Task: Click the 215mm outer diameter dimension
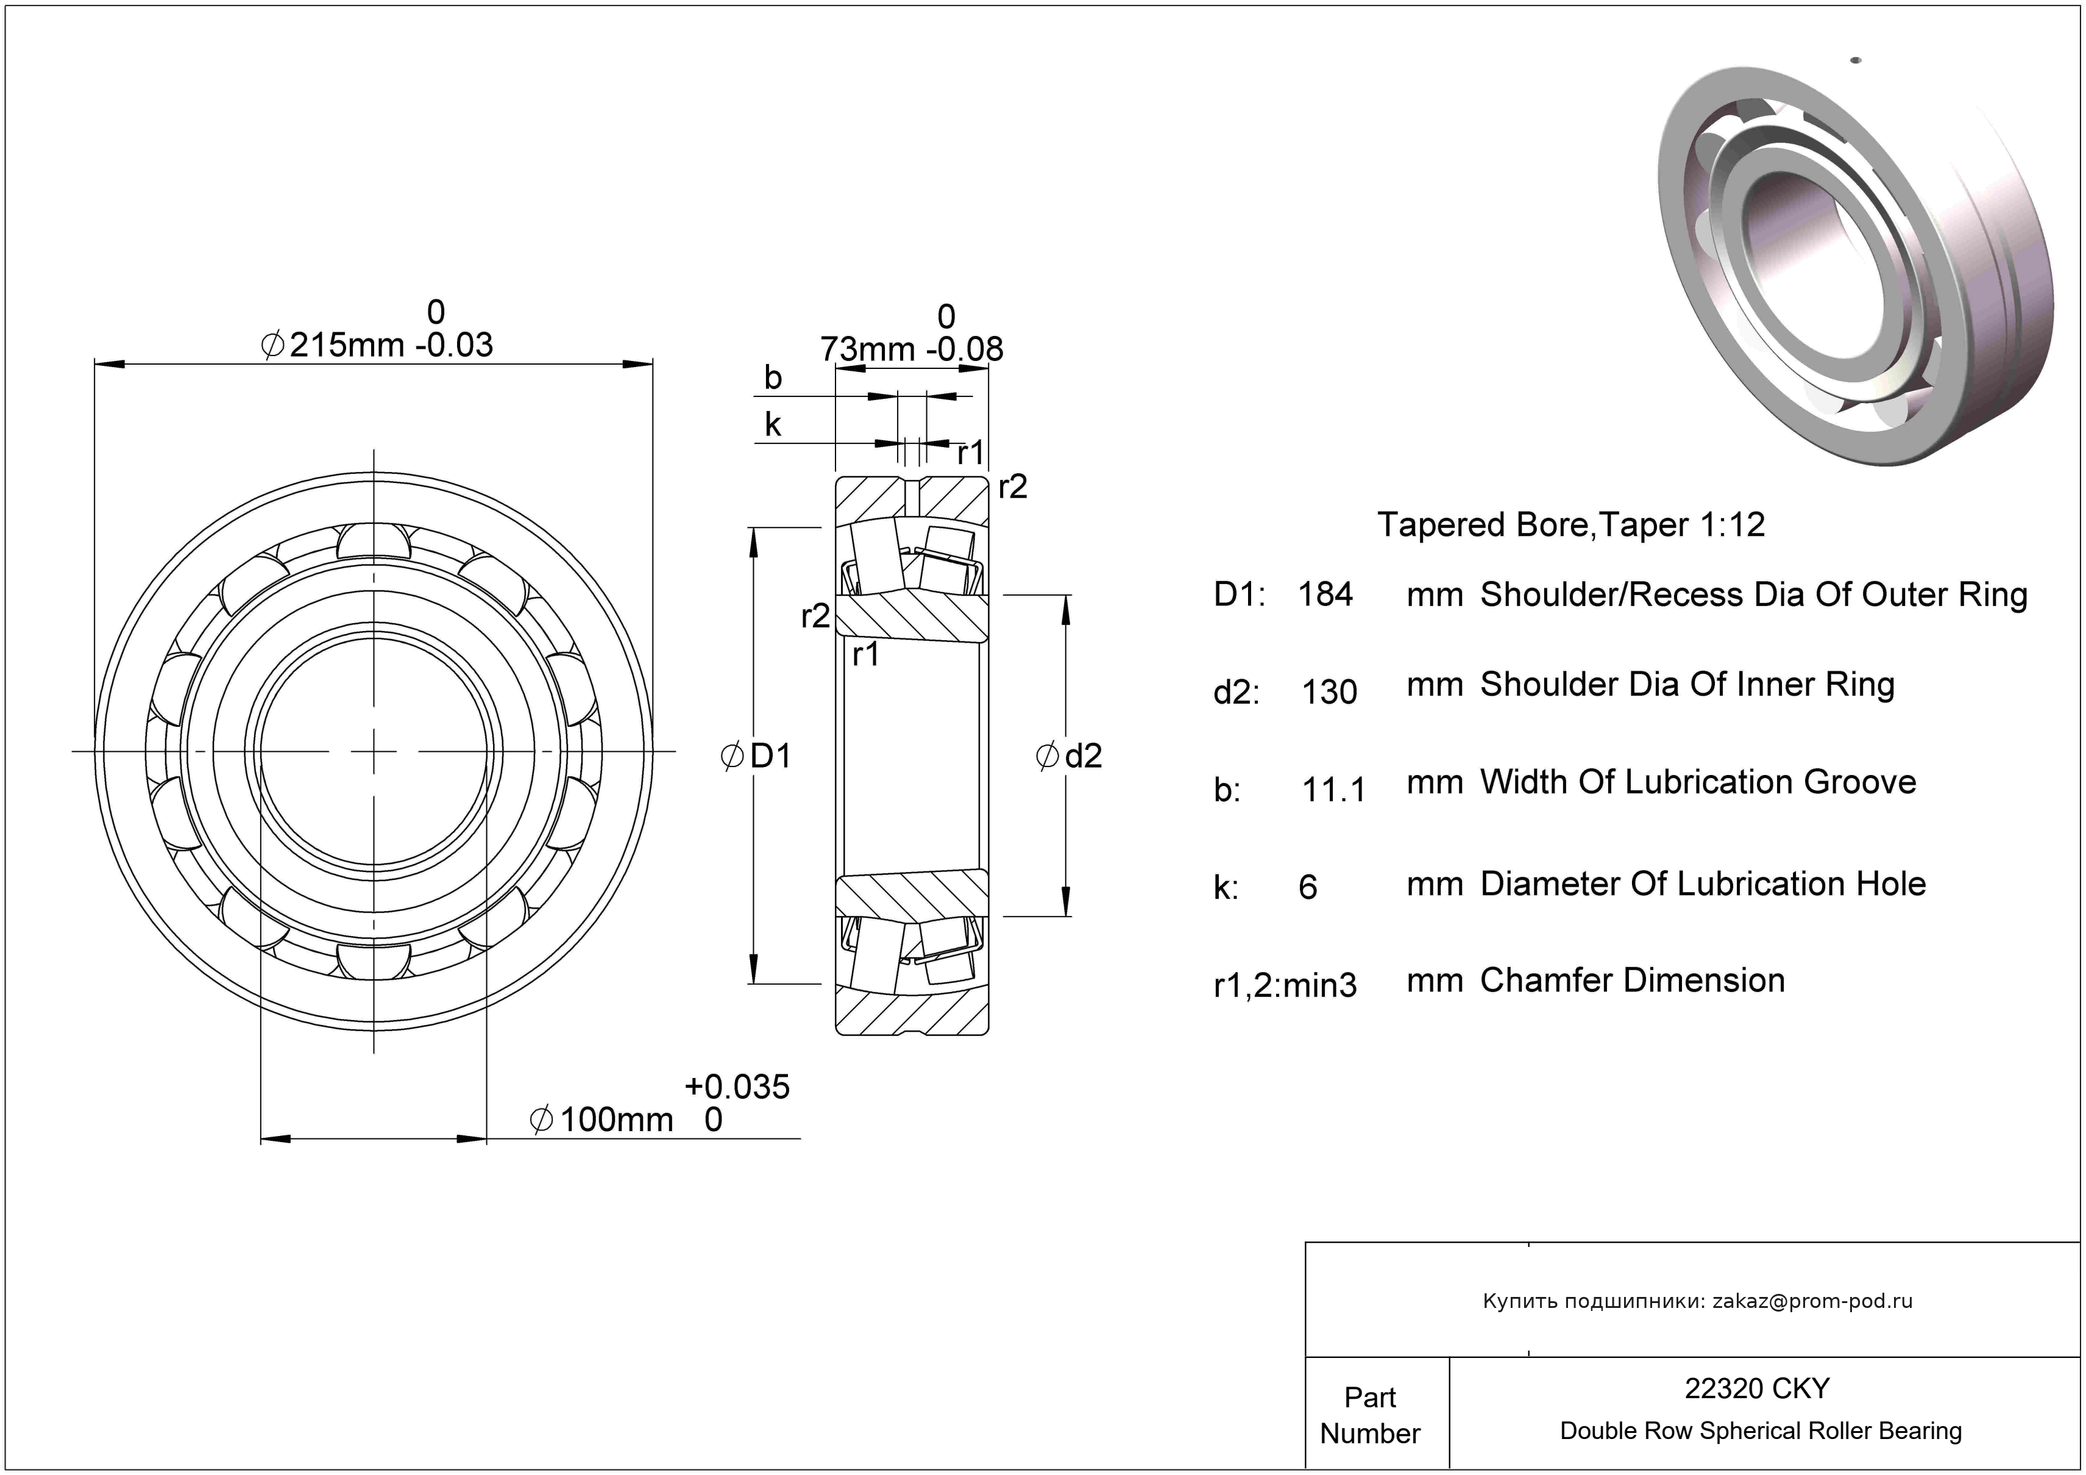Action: click(x=346, y=345)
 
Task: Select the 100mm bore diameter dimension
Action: click(x=615, y=1120)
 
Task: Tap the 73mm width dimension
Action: click(x=868, y=349)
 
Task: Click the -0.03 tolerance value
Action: click(x=453, y=345)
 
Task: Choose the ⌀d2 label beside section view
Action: click(x=1070, y=755)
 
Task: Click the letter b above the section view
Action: click(x=772, y=377)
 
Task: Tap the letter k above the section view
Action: click(x=772, y=424)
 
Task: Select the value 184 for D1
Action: click(x=1325, y=595)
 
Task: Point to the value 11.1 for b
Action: click(x=1333, y=790)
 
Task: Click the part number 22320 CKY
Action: click(x=1757, y=1388)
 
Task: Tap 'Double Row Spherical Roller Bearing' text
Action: click(x=1761, y=1430)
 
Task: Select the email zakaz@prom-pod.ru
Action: click(x=1812, y=1301)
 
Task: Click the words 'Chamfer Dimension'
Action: click(x=1633, y=980)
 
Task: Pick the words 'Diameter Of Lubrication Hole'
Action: click(x=1703, y=884)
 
